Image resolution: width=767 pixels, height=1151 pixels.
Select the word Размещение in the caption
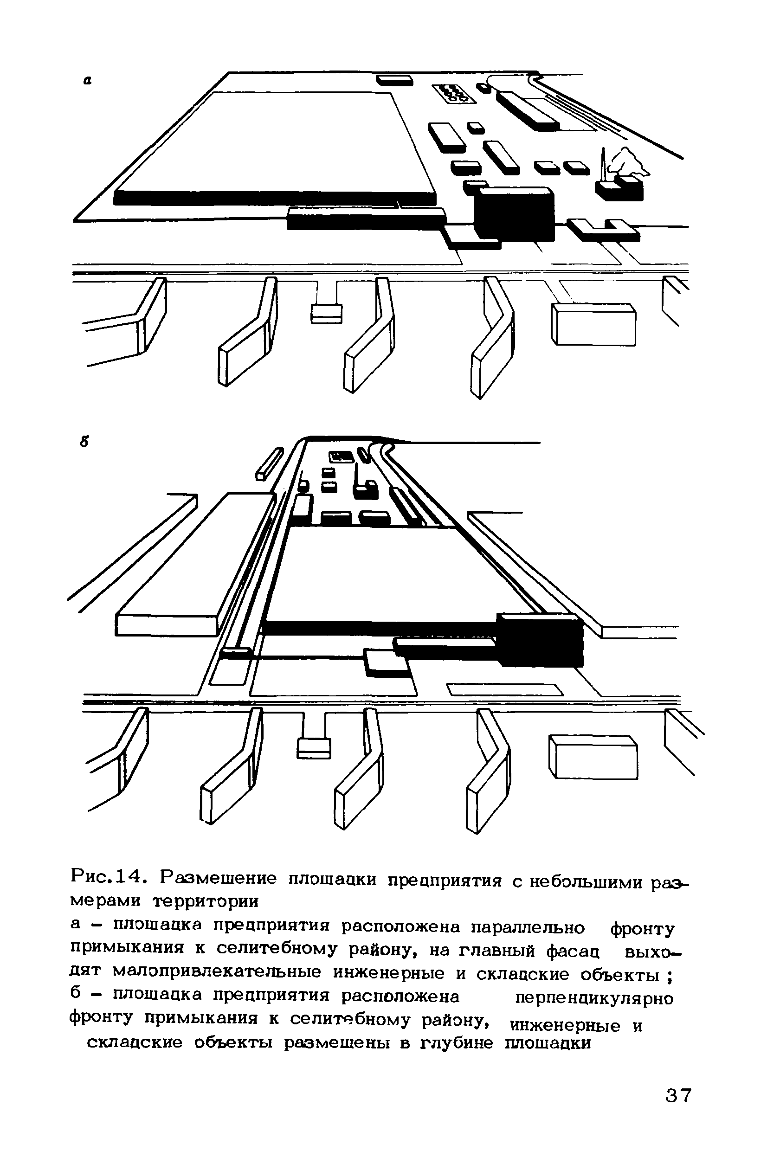[x=219, y=878]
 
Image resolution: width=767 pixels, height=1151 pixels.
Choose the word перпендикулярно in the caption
[x=595, y=997]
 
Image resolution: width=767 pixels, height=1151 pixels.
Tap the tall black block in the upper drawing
[x=515, y=213]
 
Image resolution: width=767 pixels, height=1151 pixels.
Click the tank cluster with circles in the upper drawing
[x=453, y=93]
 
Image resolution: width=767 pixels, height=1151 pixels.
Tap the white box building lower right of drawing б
[x=593, y=757]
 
